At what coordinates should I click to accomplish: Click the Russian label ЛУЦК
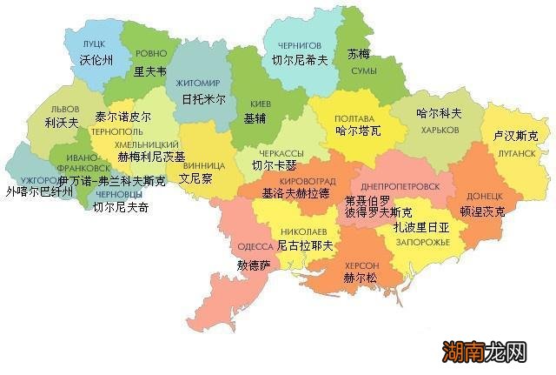coord(94,44)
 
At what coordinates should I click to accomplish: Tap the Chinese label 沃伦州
coord(96,61)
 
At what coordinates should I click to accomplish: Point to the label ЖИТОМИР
coord(199,83)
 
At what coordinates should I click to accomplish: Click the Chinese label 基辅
coord(256,117)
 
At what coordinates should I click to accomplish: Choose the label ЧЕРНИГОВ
coord(298,44)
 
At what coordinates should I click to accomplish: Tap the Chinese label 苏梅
coord(358,53)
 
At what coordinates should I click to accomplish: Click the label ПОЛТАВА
coord(354,117)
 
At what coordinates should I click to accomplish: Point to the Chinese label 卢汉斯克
coord(515,137)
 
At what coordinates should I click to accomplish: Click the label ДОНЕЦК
coord(484,196)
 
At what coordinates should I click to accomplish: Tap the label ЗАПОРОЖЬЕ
coord(421,241)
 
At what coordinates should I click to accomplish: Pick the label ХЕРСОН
coord(361,265)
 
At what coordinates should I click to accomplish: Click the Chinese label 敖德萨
coord(254,264)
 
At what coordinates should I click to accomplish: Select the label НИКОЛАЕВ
coord(303,232)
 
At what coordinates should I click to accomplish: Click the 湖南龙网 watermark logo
coord(486,352)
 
